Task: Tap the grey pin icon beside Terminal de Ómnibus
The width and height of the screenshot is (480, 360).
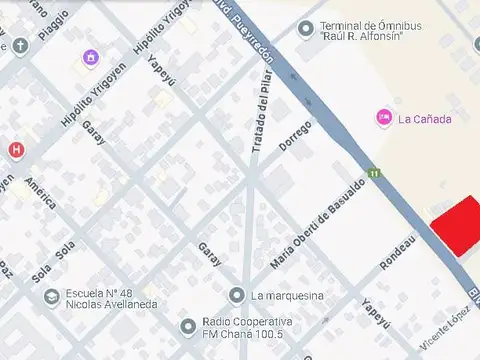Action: [x=305, y=26]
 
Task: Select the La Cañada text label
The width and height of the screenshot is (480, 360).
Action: [x=425, y=119]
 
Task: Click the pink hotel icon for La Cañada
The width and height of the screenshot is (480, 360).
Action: [x=383, y=118]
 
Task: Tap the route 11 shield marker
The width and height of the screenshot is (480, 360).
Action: [x=374, y=174]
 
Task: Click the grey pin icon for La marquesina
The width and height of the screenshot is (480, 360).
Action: [x=236, y=294]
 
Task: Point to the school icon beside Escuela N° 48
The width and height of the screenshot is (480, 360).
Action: [x=51, y=297]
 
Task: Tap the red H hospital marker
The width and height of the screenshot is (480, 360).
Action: [x=16, y=150]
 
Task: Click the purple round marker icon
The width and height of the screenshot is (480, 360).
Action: [x=91, y=57]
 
